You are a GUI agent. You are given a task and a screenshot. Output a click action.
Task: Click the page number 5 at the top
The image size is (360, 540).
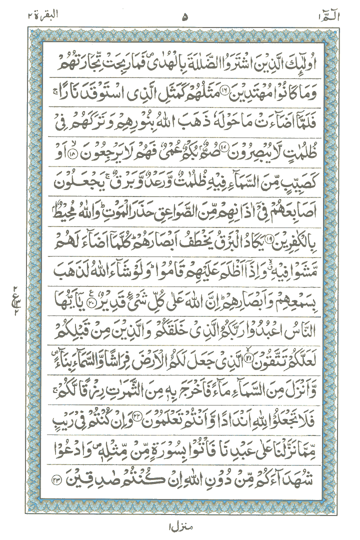[185, 17]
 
